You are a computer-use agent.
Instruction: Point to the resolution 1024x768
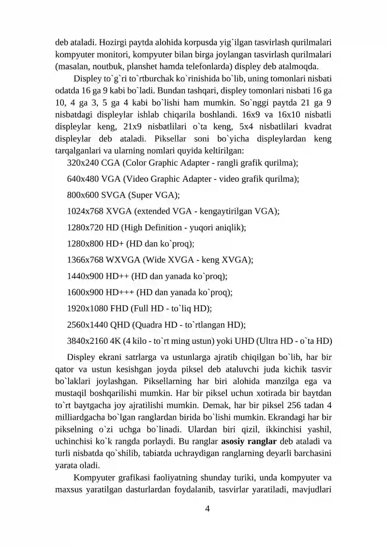[x=85, y=211]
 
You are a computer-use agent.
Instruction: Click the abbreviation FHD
[x=119, y=308]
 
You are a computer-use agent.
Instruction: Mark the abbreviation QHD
[x=120, y=325]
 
